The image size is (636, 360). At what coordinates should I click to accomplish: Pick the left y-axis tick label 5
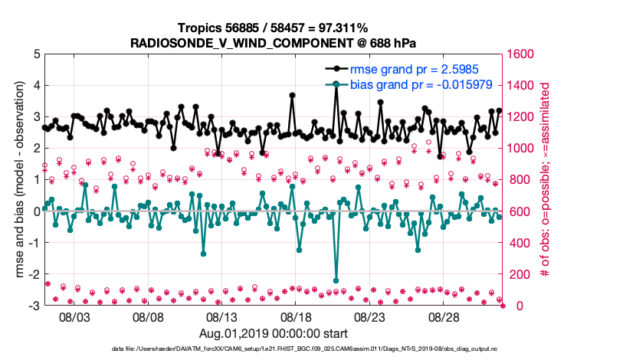[36, 54]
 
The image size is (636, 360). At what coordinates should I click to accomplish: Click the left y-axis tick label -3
[34, 306]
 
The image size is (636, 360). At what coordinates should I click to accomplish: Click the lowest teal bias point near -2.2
[336, 280]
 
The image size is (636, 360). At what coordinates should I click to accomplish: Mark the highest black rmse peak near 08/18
[292, 96]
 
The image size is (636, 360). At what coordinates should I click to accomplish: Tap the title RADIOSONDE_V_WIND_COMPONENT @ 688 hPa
[274, 42]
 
